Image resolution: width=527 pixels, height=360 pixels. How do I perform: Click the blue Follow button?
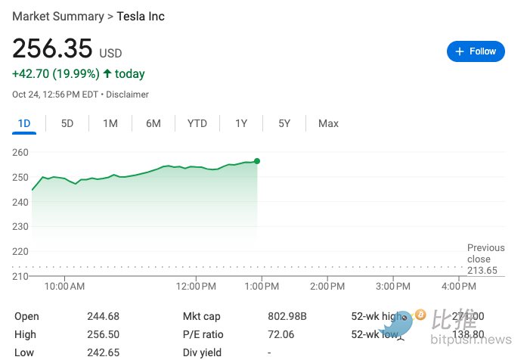476,51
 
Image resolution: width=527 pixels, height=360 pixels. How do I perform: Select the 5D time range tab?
67,123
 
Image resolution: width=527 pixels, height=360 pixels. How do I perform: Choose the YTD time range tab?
197,123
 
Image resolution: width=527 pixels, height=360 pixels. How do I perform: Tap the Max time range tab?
328,123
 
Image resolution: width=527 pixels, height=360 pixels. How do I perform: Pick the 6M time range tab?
153,123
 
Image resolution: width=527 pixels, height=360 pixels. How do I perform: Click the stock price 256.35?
52,50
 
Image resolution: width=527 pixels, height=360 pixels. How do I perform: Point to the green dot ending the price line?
257,161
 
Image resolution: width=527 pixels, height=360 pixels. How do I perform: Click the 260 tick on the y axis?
20,152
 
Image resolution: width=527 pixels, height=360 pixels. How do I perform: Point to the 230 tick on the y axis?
20,226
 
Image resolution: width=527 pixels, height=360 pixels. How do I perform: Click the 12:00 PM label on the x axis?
196,287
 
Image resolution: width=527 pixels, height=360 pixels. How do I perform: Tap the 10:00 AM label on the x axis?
64,287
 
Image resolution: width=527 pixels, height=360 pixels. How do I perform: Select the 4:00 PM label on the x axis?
459,287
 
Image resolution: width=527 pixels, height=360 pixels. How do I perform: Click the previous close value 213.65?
482,271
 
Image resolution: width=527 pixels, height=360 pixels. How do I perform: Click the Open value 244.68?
103,316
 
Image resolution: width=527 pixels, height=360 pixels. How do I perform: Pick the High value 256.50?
103,334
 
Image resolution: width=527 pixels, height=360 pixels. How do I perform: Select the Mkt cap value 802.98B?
288,316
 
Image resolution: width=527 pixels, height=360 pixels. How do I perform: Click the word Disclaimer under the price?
127,95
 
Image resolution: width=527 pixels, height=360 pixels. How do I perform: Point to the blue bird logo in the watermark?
398,323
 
